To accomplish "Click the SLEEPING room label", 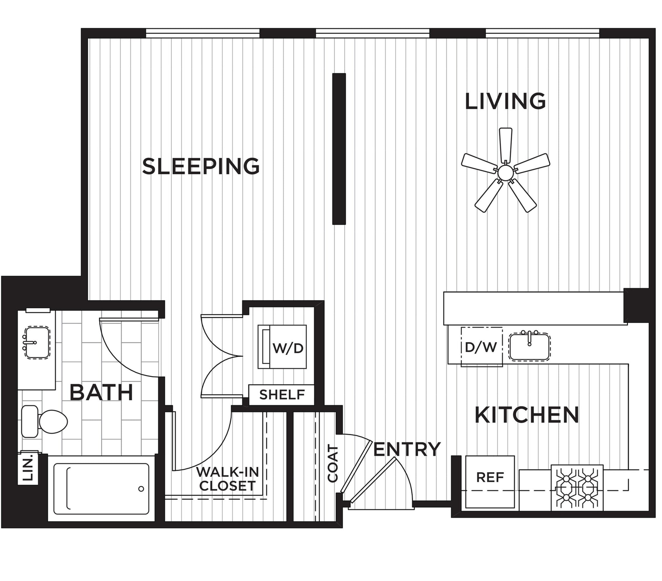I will (201, 166).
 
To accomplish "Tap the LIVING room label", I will (505, 101).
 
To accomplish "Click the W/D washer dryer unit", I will (282, 347).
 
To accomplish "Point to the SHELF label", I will (282, 395).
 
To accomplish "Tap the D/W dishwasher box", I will (482, 347).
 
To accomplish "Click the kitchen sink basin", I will (529, 347).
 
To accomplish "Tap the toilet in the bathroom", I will (45, 421).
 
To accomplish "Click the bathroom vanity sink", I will (37, 342).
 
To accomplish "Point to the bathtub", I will (101, 489).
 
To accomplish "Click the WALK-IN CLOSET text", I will (228, 479).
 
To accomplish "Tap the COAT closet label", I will (333, 464).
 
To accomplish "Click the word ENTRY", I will (407, 449).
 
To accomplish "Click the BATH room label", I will (101, 393).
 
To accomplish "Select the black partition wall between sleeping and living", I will (339, 149).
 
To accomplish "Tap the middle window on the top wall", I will (372, 33).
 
